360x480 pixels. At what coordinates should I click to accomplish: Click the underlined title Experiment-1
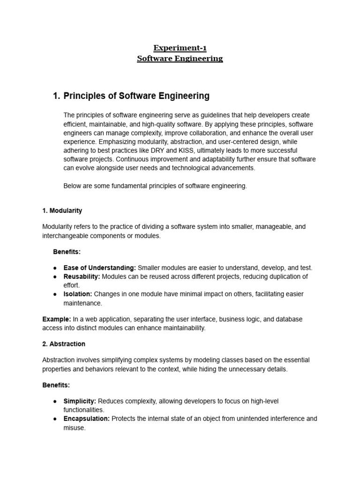[180, 48]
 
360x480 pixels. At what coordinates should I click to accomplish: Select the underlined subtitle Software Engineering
[180, 59]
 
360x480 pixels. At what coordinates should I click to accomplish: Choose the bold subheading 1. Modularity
[62, 210]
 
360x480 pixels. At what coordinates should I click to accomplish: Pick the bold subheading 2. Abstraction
[64, 344]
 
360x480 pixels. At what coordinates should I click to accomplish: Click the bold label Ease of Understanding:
[100, 268]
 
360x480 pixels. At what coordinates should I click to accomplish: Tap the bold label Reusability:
[82, 277]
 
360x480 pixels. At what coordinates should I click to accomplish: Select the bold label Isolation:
[78, 294]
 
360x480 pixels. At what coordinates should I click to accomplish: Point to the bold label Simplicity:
[80, 401]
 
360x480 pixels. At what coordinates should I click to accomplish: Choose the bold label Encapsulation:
[87, 419]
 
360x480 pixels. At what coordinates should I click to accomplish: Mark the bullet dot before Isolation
[55, 294]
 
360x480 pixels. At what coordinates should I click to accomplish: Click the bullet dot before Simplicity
[55, 402]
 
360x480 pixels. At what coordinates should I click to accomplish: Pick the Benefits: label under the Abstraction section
[56, 385]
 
